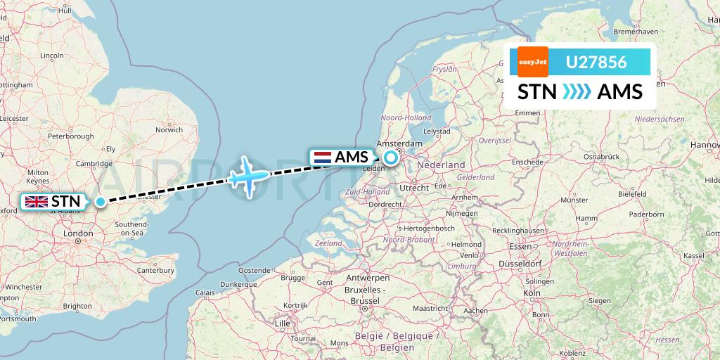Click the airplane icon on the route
(x=248, y=175)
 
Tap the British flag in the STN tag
(x=36, y=202)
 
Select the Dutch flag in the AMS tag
(x=322, y=157)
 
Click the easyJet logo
(x=532, y=63)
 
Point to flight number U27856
(x=596, y=63)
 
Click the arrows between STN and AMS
(x=577, y=92)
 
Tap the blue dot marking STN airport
(x=101, y=202)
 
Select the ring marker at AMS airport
(x=390, y=157)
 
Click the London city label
(x=78, y=233)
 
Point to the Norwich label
(x=169, y=129)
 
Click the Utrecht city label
(x=413, y=188)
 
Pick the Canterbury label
(x=156, y=270)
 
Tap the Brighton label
(x=77, y=306)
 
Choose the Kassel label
(x=695, y=255)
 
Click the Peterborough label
(x=70, y=135)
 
